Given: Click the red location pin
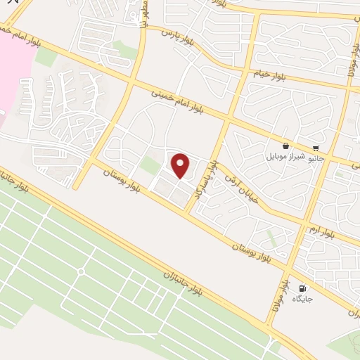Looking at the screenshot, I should [181, 166].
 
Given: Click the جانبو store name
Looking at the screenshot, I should [314, 158].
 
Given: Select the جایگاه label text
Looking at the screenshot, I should [302, 299].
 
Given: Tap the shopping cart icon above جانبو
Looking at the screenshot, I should [315, 148].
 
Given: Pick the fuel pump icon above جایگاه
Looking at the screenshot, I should [303, 288].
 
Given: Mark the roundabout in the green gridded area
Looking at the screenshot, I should [81, 271].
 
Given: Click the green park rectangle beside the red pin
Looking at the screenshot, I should [150, 166].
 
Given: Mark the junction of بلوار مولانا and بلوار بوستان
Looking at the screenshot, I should [286, 269].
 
